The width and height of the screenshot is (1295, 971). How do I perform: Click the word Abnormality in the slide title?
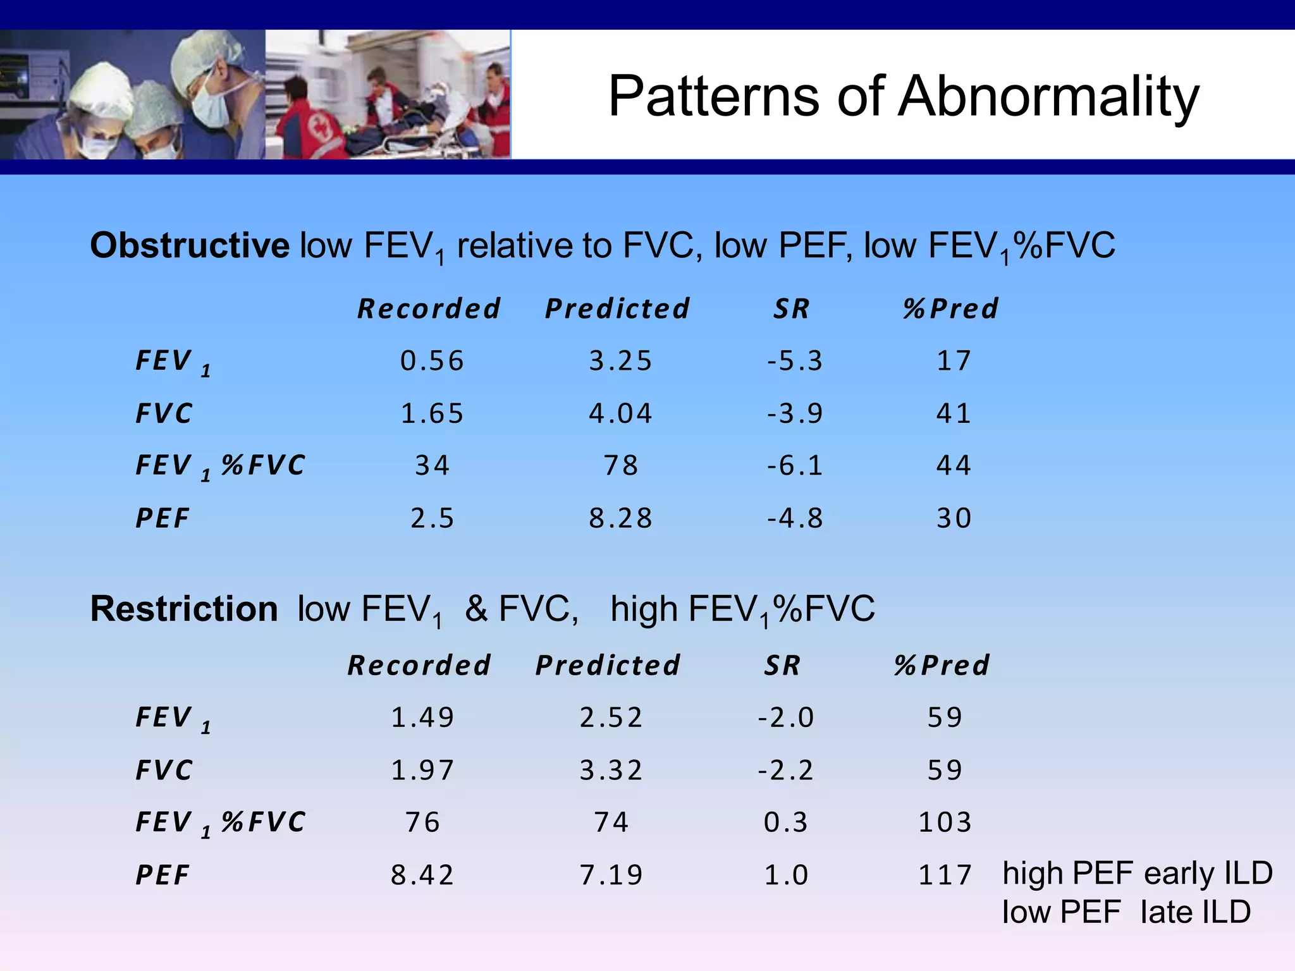1050,96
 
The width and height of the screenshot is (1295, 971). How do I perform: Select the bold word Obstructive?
190,245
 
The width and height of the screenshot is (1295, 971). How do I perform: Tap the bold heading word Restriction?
184,609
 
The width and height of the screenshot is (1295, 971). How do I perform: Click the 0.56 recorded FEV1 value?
433,361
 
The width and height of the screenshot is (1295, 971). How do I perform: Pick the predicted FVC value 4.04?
620,413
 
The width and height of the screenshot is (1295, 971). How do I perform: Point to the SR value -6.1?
795,466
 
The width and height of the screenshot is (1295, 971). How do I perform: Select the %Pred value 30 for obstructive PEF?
954,518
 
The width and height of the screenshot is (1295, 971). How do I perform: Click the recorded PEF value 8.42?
422,875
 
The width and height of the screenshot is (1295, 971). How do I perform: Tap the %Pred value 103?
945,822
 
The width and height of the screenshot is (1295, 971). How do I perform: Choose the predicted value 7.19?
611,875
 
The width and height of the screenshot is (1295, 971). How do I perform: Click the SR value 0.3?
786,822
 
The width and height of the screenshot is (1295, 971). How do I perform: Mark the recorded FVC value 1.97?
422,770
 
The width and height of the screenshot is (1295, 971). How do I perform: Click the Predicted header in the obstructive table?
617,309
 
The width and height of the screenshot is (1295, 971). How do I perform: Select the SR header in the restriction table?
782,666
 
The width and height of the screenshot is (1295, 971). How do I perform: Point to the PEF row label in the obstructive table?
163,518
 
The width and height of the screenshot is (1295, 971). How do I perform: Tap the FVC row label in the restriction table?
164,770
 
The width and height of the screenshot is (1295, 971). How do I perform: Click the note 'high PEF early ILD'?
1137,873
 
